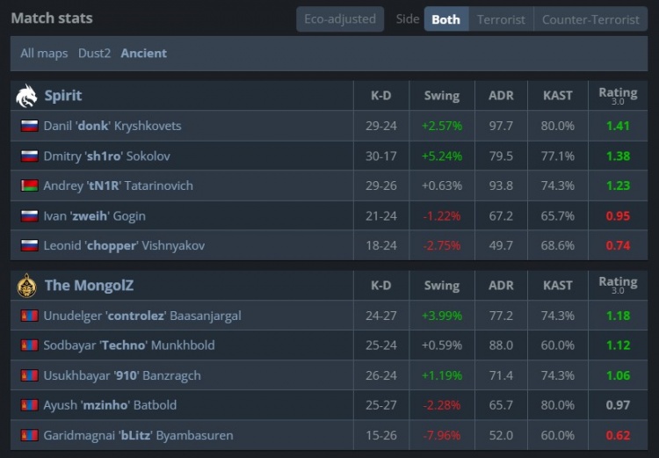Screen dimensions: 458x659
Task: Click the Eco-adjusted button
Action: [340, 18]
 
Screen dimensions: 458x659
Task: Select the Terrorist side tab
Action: [501, 19]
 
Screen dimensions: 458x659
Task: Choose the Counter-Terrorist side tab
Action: [590, 19]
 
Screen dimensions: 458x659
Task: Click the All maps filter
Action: [44, 53]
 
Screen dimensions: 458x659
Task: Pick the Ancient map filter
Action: [144, 53]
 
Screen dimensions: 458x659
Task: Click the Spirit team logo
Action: [27, 96]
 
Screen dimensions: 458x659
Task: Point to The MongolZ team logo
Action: [27, 286]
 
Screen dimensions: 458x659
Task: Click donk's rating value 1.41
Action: [618, 126]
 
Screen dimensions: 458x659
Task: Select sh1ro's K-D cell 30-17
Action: [381, 156]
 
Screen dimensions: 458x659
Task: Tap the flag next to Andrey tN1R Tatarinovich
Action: [29, 185]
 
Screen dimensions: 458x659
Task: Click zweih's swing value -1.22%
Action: [441, 215]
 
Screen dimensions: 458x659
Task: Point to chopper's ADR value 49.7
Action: [501, 245]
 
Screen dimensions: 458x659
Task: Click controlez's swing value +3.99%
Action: [441, 316]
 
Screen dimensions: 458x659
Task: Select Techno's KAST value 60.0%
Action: [558, 345]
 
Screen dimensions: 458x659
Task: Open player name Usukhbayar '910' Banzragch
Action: [122, 375]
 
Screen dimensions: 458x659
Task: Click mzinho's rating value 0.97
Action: [618, 405]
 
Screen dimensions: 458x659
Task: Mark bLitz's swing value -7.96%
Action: [441, 435]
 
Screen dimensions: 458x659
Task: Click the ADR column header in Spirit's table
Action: [501, 96]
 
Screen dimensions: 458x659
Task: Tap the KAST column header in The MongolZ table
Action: [558, 286]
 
